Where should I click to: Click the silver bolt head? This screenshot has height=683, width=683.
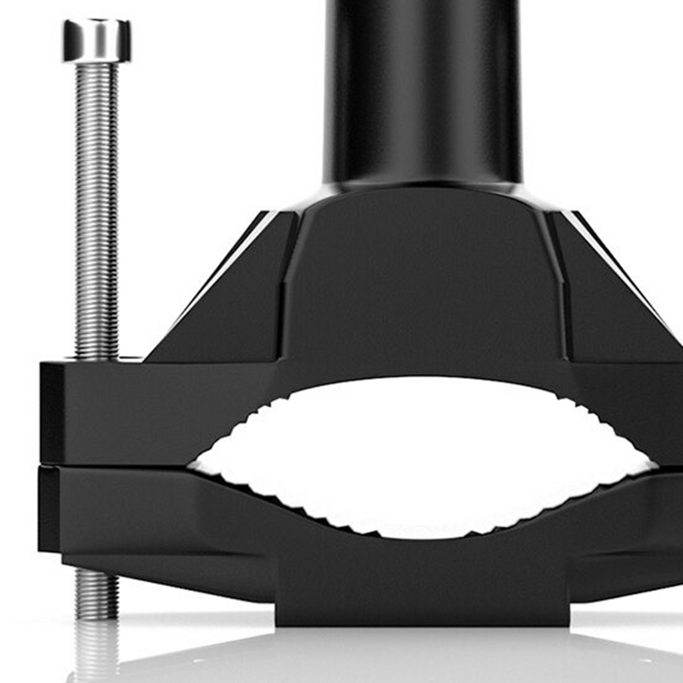97,41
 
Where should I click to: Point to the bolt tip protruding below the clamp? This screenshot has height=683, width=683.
97,594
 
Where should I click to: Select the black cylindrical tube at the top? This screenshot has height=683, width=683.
422,87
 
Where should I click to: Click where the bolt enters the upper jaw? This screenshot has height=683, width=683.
97,358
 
